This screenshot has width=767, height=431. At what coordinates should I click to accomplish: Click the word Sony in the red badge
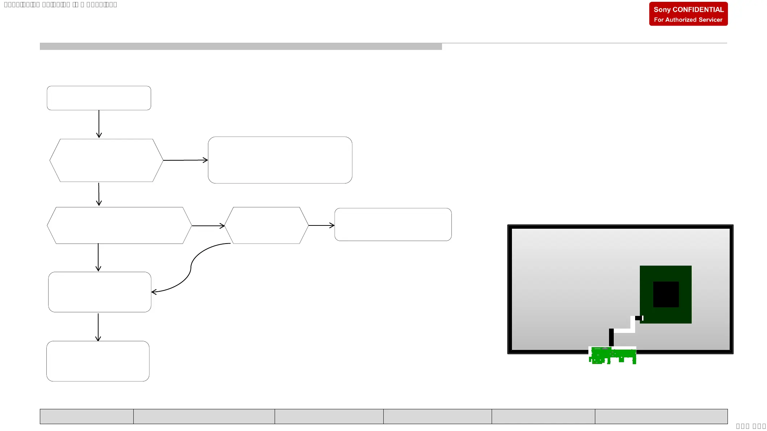click(662, 10)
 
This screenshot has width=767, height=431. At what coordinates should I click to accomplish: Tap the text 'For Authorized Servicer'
click(688, 20)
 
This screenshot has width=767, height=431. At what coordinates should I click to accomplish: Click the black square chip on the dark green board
click(666, 294)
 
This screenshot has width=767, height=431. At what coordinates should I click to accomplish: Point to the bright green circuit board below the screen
click(612, 355)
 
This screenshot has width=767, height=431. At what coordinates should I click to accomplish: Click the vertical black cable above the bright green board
click(611, 337)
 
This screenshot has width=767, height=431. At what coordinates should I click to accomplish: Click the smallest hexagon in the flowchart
click(266, 225)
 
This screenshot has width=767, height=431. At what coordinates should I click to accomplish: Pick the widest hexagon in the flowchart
click(119, 225)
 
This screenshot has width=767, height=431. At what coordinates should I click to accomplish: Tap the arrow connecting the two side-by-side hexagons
click(208, 226)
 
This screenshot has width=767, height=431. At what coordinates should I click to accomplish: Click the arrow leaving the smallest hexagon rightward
click(321, 225)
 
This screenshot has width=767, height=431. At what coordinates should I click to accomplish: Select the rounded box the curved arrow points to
click(100, 292)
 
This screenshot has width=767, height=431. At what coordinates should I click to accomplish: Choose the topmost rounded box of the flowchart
click(99, 98)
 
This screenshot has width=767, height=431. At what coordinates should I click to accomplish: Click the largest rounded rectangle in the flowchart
click(280, 160)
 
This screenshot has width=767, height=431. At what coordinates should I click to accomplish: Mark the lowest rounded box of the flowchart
click(98, 361)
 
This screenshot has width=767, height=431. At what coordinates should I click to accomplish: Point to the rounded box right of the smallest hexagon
click(393, 224)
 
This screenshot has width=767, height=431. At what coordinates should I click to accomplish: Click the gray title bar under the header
click(241, 46)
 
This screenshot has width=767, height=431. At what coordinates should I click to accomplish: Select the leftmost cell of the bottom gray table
click(87, 417)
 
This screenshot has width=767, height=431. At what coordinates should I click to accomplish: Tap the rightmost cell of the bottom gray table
click(661, 417)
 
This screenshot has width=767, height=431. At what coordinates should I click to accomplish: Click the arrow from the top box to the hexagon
click(99, 124)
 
